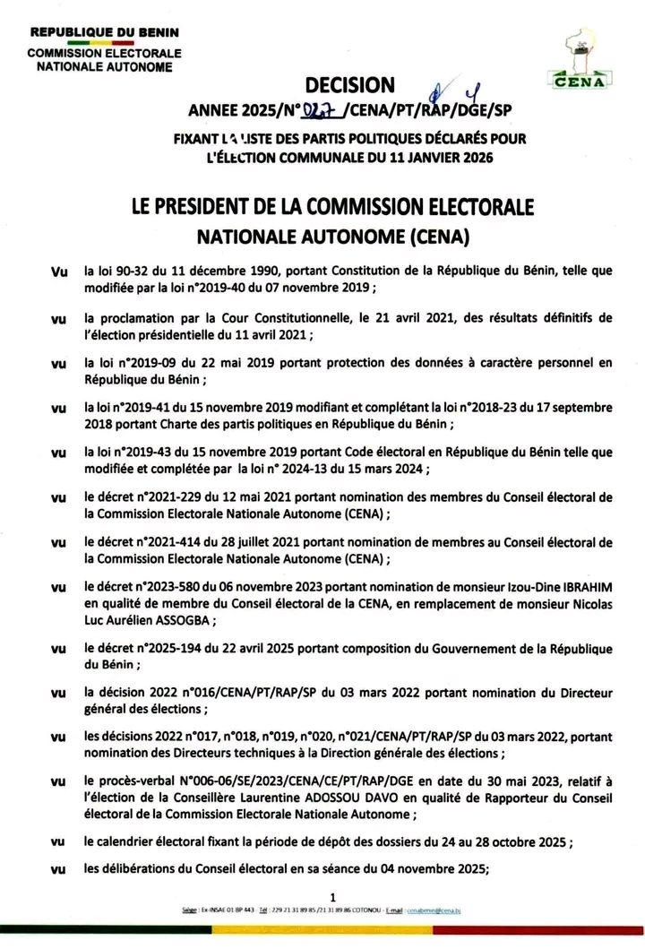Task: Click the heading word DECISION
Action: tap(349, 85)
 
